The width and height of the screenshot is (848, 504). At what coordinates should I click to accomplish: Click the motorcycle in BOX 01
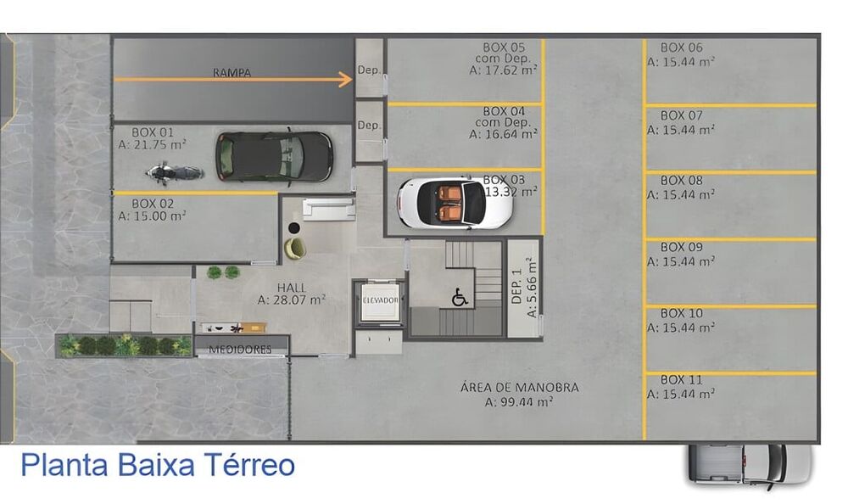pyautogui.click(x=174, y=173)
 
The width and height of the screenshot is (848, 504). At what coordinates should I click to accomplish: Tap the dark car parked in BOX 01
pyautogui.click(x=274, y=156)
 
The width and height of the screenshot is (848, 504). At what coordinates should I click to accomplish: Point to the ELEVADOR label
pyautogui.click(x=379, y=300)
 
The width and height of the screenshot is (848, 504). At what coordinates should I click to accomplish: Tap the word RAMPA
pyautogui.click(x=232, y=73)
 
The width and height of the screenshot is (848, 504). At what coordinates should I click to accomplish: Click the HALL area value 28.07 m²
pyautogui.click(x=292, y=300)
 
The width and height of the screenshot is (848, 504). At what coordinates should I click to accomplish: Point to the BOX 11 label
pyautogui.click(x=681, y=379)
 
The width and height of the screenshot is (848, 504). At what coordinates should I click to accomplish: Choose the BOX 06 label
pyautogui.click(x=681, y=48)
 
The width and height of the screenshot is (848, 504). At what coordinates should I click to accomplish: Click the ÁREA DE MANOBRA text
pyautogui.click(x=519, y=388)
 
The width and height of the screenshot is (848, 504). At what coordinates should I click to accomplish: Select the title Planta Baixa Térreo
pyautogui.click(x=158, y=466)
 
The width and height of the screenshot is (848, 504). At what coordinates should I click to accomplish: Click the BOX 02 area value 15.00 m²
pyautogui.click(x=153, y=216)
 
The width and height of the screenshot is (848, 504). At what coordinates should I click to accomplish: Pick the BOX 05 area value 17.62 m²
pyautogui.click(x=504, y=71)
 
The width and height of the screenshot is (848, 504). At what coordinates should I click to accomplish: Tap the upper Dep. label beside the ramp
pyautogui.click(x=369, y=70)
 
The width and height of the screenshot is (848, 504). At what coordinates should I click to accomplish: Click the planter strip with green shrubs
pyautogui.click(x=125, y=345)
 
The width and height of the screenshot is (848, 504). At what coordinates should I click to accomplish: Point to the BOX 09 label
pyautogui.click(x=681, y=247)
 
